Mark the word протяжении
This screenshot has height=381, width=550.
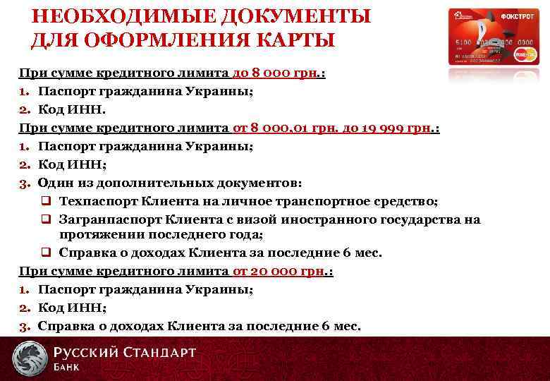point(100,235)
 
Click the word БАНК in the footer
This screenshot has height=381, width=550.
point(66,367)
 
